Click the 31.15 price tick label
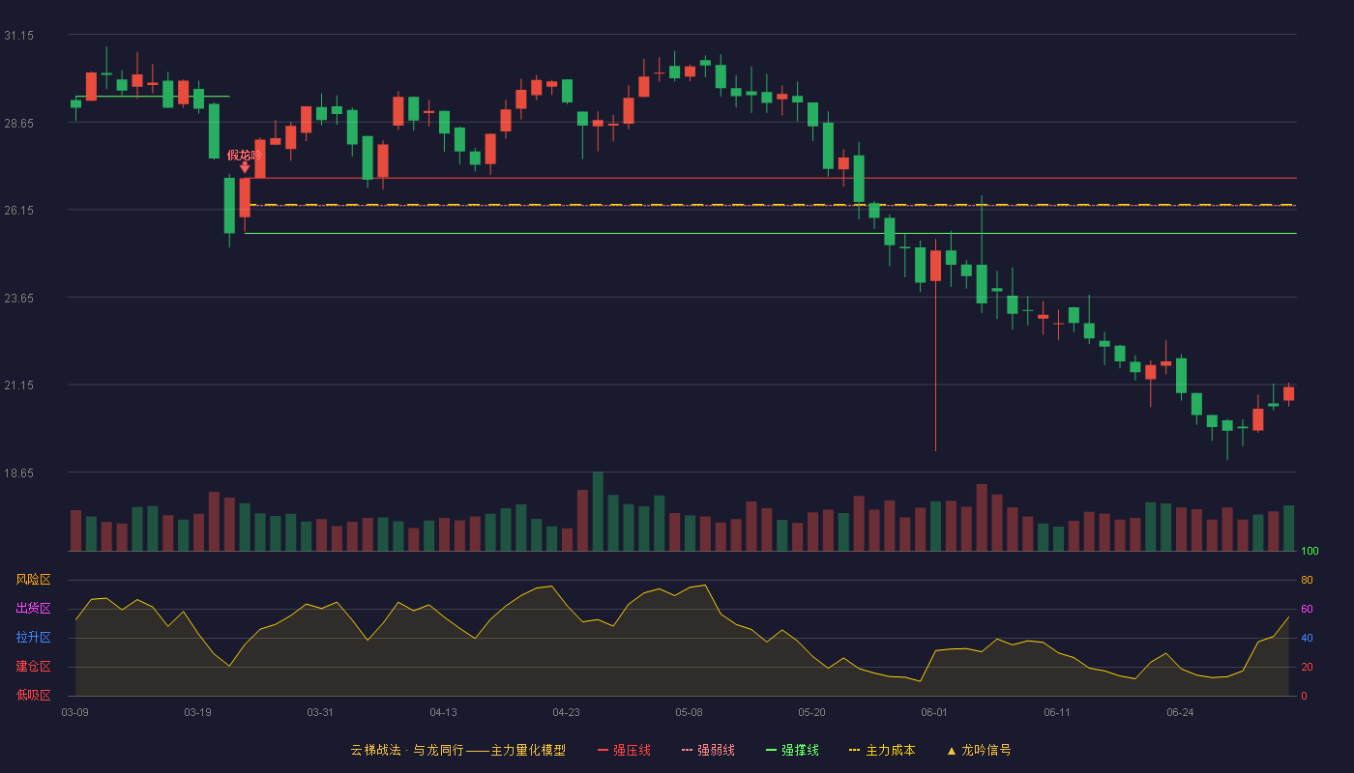(x=18, y=36)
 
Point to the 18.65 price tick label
(x=18, y=472)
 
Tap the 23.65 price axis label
(x=18, y=299)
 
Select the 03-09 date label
(x=75, y=713)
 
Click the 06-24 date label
(x=1180, y=713)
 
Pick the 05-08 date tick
(x=689, y=713)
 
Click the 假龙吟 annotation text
(x=244, y=156)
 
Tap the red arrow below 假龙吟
(x=245, y=167)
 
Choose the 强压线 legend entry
(x=624, y=750)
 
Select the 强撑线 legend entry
(x=792, y=750)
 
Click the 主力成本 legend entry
(x=882, y=750)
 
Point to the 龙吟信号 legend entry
(x=979, y=750)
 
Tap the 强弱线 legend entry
(x=708, y=750)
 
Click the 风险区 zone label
(x=33, y=580)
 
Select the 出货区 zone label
(x=33, y=608)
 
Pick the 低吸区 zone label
(x=33, y=695)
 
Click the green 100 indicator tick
(x=1310, y=551)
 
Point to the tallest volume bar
(x=598, y=511)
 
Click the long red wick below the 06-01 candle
(x=936, y=366)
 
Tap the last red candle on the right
(x=1288, y=394)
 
